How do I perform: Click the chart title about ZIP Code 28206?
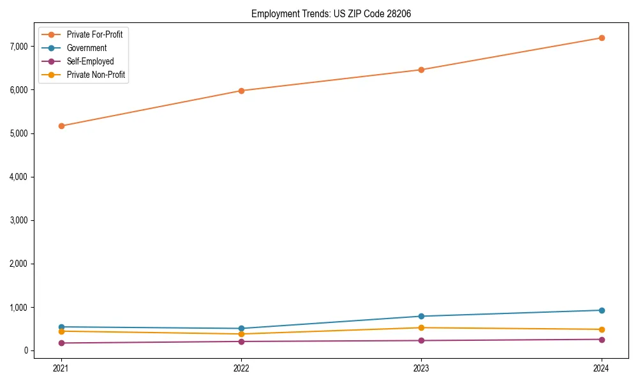(326, 13)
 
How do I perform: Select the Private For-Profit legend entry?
(94, 34)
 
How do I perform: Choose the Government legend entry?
(86, 48)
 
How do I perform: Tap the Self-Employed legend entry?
(90, 61)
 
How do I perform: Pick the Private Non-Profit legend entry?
(96, 75)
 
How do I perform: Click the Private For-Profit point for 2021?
(61, 126)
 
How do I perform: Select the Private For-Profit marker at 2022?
(241, 91)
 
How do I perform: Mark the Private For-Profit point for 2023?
(421, 70)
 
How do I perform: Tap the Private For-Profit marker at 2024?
(602, 38)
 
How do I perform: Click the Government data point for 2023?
(421, 316)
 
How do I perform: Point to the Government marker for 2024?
(602, 310)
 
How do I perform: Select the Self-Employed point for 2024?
(602, 340)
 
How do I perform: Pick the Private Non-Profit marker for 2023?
(421, 327)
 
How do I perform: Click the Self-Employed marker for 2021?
(61, 343)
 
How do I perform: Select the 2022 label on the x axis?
(241, 368)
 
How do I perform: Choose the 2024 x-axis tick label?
(602, 368)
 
